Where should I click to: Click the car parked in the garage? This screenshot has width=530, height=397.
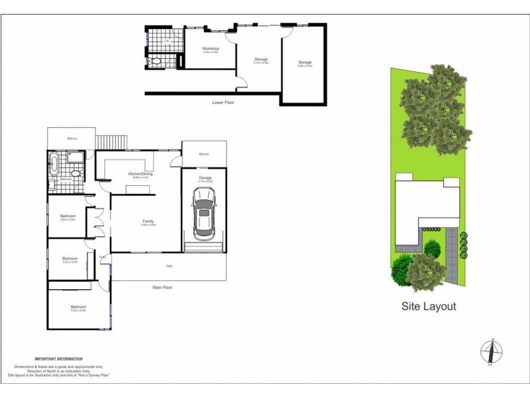[203, 215]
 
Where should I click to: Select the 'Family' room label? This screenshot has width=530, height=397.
[148, 222]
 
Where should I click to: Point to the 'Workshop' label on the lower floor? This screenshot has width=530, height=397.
[211, 49]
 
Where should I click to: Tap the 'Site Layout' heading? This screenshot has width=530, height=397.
[429, 306]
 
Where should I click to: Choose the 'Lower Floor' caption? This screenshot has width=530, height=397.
[223, 103]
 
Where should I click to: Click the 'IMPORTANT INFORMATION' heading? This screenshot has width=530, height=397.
[59, 358]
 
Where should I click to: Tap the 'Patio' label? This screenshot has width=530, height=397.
[169, 267]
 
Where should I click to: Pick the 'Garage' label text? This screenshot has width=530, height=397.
[205, 177]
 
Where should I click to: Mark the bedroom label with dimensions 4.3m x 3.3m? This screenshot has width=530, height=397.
[79, 308]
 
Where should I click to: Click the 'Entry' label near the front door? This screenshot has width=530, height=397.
[103, 257]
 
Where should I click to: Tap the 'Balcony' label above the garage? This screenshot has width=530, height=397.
[204, 154]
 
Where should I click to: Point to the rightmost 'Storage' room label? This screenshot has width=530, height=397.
[304, 63]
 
